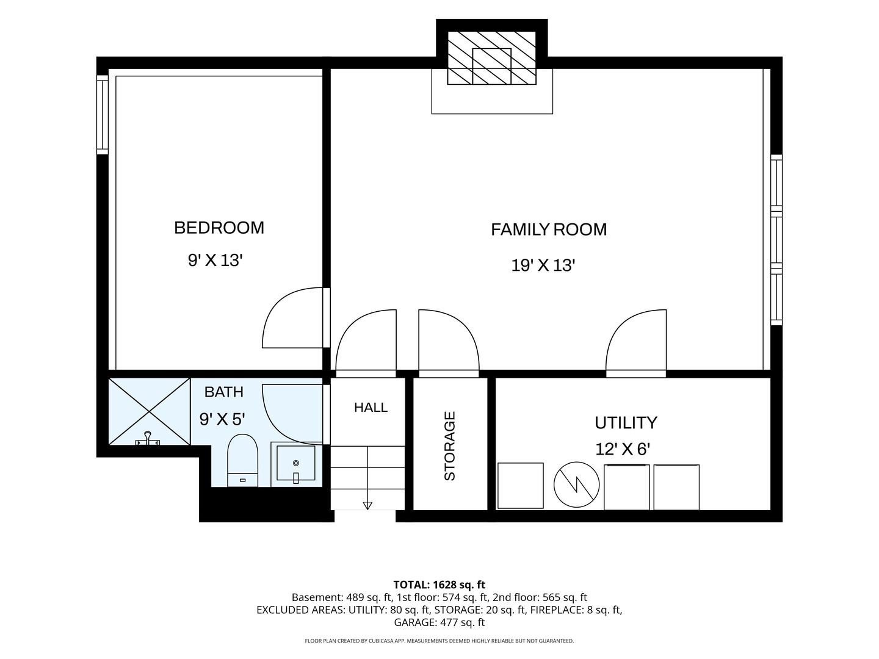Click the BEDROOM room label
tap(219, 228)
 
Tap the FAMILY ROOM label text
tap(549, 229)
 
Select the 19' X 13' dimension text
tap(543, 265)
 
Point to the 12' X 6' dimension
tap(622, 449)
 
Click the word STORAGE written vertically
tap(450, 445)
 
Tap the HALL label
tap(371, 408)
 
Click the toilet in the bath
tap(243, 461)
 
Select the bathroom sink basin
tap(296, 463)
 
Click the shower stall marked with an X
tap(149, 411)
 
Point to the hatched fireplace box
tap(491, 57)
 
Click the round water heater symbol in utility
tap(576, 485)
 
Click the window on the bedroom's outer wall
tap(103, 115)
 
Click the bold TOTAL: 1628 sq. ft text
tap(440, 585)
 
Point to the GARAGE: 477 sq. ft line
tap(440, 622)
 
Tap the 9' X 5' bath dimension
tap(222, 419)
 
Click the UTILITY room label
tap(626, 422)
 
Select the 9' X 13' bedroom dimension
tap(215, 261)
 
